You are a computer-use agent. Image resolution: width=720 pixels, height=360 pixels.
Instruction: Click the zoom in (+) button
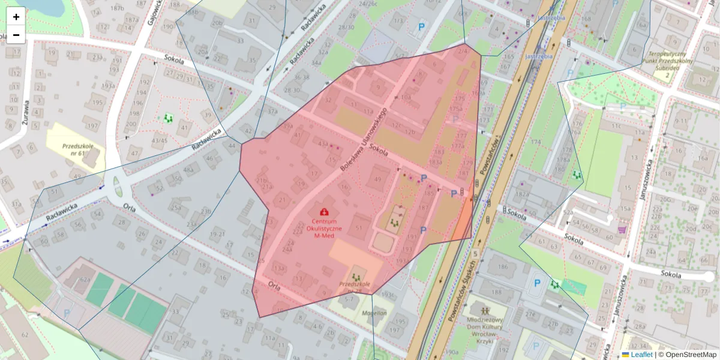pyautogui.click(x=16, y=17)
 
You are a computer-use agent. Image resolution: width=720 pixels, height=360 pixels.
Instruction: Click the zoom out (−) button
pyautogui.click(x=16, y=35)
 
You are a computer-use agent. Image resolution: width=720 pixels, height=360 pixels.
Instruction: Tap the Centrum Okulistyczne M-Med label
pyautogui.click(x=324, y=229)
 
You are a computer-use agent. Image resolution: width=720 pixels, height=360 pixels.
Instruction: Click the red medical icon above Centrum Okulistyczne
pyautogui.click(x=325, y=211)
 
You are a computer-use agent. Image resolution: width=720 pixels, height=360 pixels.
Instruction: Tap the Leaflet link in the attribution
pyautogui.click(x=641, y=355)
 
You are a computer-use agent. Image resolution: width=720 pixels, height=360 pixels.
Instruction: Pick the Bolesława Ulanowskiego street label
pyautogui.click(x=363, y=139)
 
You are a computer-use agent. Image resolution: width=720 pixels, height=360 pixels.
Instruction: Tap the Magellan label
pyautogui.click(x=373, y=313)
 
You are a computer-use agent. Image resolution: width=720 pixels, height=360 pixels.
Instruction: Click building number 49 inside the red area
pyautogui.click(x=377, y=179)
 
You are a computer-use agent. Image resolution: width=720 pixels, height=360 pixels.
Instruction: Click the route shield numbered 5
pyautogui.click(x=475, y=254)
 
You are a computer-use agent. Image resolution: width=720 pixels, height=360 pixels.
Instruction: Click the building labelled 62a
pyautogui.click(x=85, y=280)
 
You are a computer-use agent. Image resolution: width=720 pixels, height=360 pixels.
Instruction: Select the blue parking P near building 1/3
pyautogui.click(x=422, y=27)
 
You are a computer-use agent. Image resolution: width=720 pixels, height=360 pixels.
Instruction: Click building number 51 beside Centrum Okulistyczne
pyautogui.click(x=360, y=227)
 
